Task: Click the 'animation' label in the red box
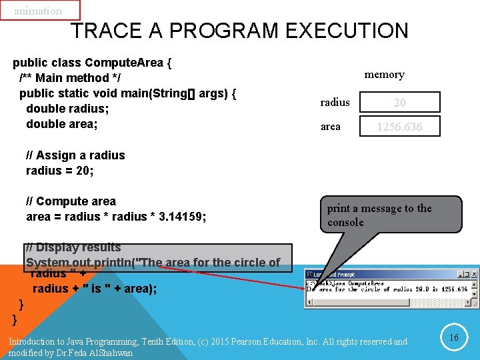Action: [38, 11]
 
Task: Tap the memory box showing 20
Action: [399, 102]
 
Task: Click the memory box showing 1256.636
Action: [399, 126]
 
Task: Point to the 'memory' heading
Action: [384, 75]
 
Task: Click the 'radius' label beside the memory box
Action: [335, 102]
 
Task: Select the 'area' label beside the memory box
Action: [330, 126]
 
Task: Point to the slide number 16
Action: [454, 337]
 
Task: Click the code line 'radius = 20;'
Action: [60, 170]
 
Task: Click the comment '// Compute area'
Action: [71, 201]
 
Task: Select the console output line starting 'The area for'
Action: [387, 289]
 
